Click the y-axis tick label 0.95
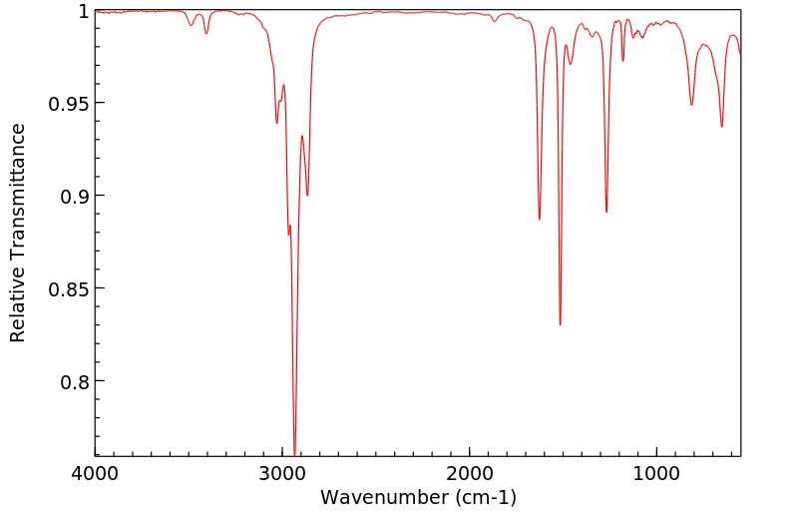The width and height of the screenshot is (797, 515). coord(70,104)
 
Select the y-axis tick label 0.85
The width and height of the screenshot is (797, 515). coord(70,289)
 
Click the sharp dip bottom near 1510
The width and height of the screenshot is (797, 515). coord(561,324)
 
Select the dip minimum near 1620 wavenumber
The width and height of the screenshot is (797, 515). coord(540,219)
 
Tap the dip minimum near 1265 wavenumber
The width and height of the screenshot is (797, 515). coord(606,212)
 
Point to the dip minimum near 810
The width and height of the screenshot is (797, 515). coord(691,105)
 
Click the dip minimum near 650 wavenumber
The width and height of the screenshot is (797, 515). coord(722,127)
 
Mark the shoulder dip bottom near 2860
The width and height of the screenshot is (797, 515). coord(307,195)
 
